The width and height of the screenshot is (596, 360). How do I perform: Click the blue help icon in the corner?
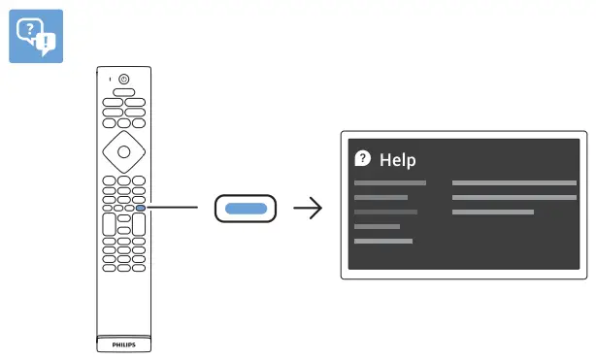point(35,37)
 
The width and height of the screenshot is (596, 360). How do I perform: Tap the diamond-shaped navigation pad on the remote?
point(123,150)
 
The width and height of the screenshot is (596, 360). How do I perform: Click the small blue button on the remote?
point(141,207)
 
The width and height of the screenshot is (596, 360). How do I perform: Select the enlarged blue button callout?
point(245,208)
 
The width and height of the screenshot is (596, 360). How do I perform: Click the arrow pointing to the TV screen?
point(309,208)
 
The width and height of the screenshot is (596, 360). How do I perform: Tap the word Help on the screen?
point(397,160)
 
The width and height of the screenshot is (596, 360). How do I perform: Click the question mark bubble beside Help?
point(363,158)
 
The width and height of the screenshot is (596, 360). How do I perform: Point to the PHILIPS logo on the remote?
point(123,344)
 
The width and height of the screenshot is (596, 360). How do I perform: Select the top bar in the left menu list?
point(390,182)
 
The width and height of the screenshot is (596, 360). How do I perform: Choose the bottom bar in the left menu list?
point(383,241)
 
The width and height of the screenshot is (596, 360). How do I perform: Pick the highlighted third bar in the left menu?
point(385,212)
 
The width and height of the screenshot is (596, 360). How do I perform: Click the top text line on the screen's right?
point(514,182)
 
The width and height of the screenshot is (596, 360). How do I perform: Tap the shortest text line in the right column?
point(493,212)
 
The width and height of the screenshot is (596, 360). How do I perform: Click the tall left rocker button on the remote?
point(108,224)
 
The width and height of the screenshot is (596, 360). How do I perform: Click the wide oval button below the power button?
point(123,92)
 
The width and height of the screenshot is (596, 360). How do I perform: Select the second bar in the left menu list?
point(381,197)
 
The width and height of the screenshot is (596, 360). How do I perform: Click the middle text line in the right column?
point(514,197)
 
